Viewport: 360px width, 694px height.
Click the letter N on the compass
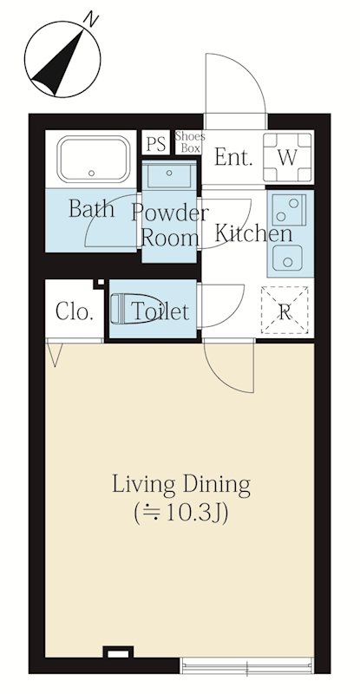click(x=91, y=20)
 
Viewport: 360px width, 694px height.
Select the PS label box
click(x=156, y=143)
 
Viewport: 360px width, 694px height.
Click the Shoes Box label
click(x=190, y=142)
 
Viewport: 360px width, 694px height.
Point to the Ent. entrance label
click(x=233, y=157)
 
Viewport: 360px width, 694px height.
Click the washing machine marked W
click(x=288, y=157)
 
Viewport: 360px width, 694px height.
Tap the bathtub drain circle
click(x=92, y=173)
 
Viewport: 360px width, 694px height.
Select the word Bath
click(x=91, y=208)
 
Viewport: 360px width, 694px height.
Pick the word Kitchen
click(x=253, y=233)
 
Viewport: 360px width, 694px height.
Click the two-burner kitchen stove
click(x=289, y=210)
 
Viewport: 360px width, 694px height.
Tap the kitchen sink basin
click(x=287, y=258)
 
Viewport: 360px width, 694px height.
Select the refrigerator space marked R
click(x=285, y=310)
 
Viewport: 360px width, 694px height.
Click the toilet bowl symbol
click(x=132, y=309)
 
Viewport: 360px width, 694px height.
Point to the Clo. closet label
click(x=75, y=312)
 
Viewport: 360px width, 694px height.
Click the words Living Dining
click(x=181, y=485)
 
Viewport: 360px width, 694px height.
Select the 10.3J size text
click(x=180, y=513)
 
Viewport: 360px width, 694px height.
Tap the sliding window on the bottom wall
click(x=246, y=665)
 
